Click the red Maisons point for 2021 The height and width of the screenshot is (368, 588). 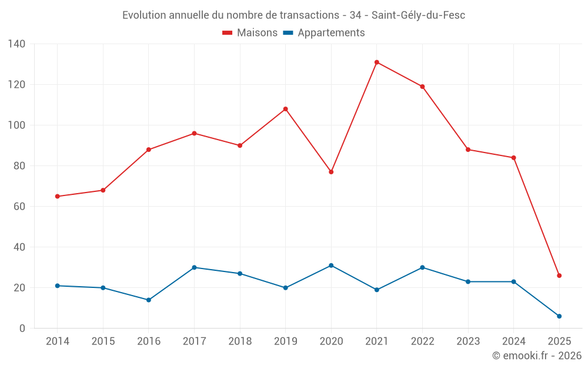(x=377, y=62)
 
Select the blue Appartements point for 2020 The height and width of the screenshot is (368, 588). (x=331, y=266)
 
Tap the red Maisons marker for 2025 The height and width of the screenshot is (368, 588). (x=559, y=276)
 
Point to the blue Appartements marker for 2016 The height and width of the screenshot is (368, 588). (x=149, y=300)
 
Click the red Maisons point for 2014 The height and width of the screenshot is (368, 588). (x=57, y=197)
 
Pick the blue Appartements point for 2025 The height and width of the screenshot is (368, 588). (x=559, y=316)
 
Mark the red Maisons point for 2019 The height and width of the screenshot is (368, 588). (x=286, y=109)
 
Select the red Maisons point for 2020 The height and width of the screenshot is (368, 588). (x=331, y=172)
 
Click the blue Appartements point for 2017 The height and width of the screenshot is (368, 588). (x=194, y=267)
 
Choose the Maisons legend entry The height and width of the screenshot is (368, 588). (x=250, y=33)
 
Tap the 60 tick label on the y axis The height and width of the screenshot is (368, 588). (x=19, y=207)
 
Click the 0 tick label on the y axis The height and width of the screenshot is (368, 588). (x=22, y=329)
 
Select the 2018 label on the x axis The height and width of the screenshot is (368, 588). (x=240, y=342)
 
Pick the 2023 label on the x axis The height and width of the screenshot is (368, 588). (x=468, y=342)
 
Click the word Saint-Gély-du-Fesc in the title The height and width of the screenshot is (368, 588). (x=418, y=15)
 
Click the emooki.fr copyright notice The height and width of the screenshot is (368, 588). (x=537, y=356)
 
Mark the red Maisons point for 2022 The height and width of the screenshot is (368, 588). (x=422, y=87)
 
